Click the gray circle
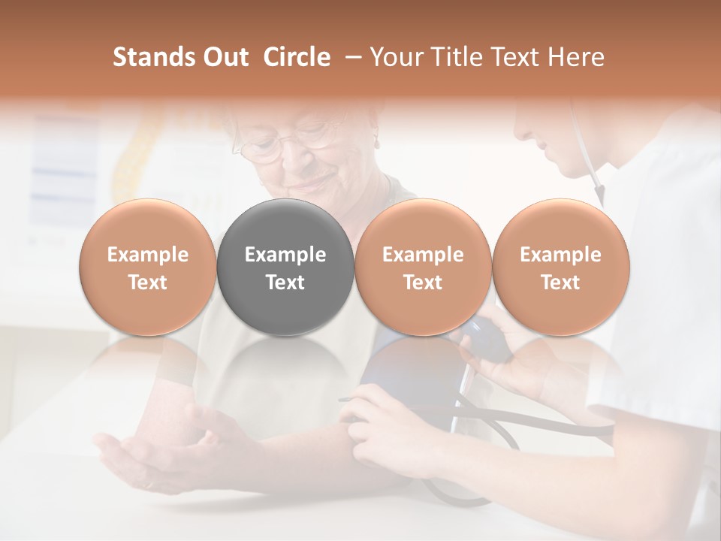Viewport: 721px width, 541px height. coord(285,267)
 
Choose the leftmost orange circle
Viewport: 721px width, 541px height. coord(147,267)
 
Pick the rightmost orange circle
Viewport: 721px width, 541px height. coord(560,267)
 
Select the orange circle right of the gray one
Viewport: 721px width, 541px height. coord(423,267)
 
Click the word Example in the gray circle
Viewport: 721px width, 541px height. coord(285,255)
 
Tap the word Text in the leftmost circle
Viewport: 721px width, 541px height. coord(147,283)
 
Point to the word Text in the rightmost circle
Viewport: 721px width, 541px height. coord(560,283)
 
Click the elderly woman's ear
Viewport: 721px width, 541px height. coord(373,139)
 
